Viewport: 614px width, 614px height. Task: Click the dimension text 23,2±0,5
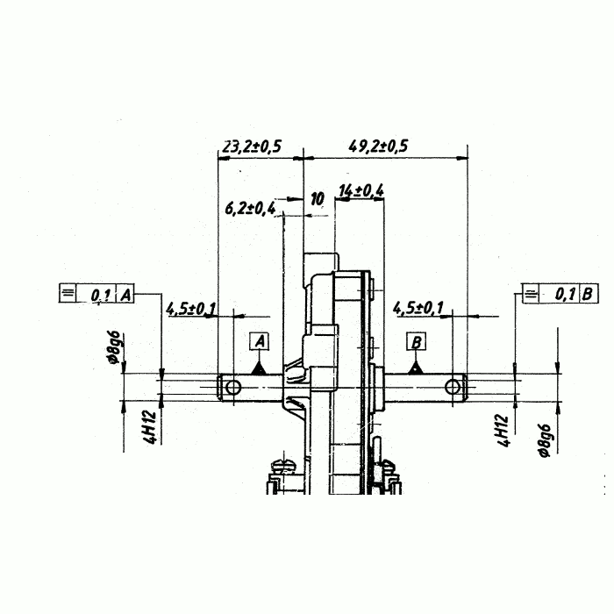pos(252,146)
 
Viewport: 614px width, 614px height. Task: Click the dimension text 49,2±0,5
pos(378,146)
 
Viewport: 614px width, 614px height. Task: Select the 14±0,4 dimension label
pos(361,190)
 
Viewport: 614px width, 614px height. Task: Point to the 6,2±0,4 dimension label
pos(250,208)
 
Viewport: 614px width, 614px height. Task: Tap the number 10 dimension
pos(318,199)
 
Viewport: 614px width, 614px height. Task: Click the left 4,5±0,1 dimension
pos(190,309)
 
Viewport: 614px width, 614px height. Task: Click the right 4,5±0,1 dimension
pos(418,308)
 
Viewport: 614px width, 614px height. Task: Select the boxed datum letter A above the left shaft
pos(260,341)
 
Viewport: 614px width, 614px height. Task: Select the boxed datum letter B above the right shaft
pos(417,341)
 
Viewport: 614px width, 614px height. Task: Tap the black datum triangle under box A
pos(259,368)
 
